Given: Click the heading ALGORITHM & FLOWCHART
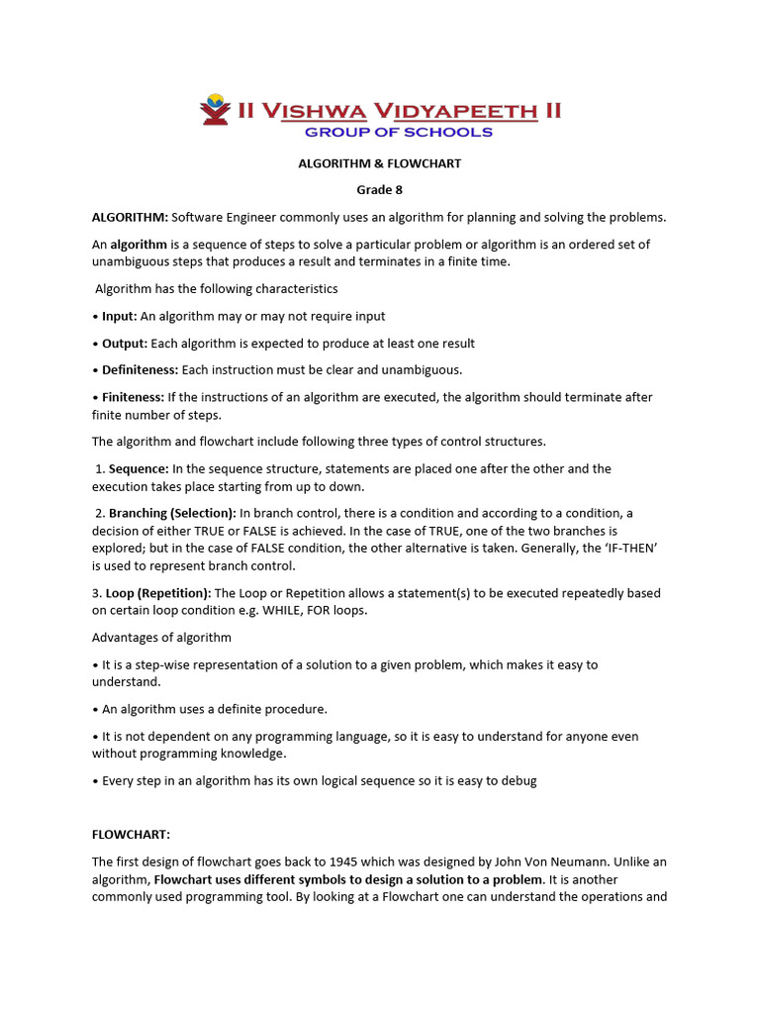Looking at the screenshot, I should (x=380, y=163).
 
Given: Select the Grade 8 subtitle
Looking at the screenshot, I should (x=380, y=189).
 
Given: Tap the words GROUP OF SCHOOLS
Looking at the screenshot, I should (x=398, y=132).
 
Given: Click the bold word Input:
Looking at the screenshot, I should (x=120, y=316).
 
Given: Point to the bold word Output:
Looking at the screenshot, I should (x=125, y=343).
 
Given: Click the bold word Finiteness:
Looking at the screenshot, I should (x=133, y=397).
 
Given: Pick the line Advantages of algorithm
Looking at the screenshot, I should (x=161, y=637).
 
